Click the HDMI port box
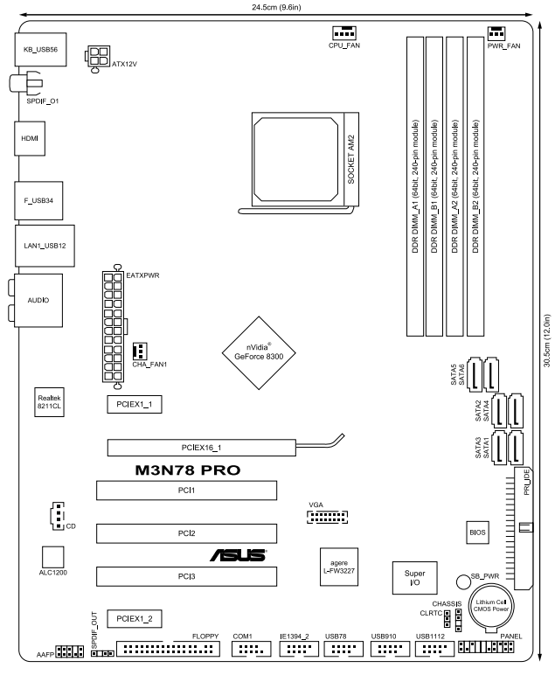(30, 138)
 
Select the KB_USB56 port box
(40, 50)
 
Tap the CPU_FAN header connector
(343, 32)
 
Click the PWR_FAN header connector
(496, 33)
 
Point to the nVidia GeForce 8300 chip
(259, 353)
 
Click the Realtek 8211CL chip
(49, 402)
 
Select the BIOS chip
(477, 532)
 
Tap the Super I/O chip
(415, 578)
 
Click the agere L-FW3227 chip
(339, 567)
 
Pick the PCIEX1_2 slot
(135, 619)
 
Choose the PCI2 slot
(186, 533)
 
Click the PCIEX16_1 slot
(201, 448)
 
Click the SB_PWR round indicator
(463, 581)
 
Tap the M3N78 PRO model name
(188, 470)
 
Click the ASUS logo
(239, 555)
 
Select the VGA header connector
(327, 517)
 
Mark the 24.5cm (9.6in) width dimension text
(276, 7)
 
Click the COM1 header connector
(251, 648)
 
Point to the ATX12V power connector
(98, 57)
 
